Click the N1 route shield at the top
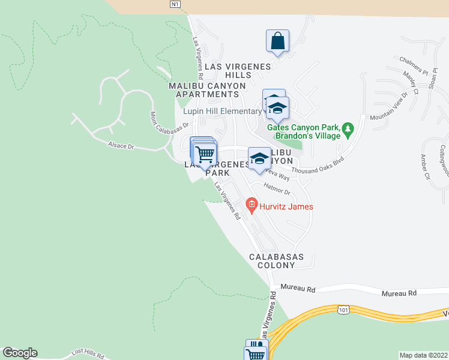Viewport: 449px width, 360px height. point(175,4)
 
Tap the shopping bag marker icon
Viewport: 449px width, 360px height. point(277,41)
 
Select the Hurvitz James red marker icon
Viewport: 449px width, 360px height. point(251,206)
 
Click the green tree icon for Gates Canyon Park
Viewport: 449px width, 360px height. point(347,129)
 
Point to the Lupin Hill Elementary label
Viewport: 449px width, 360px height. point(222,111)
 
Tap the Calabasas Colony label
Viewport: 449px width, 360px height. point(276,260)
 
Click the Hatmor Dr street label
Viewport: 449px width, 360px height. point(278,193)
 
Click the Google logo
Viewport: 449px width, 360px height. point(20,353)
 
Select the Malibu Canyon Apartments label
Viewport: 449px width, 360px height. point(207,90)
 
